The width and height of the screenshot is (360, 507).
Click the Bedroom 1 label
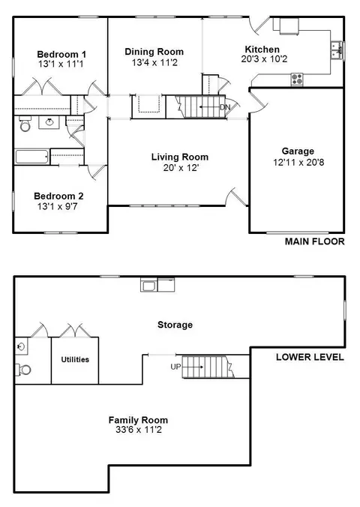[61, 54]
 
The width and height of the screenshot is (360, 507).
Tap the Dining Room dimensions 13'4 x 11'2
[154, 62]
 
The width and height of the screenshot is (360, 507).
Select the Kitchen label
[262, 49]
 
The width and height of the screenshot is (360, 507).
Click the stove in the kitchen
[297, 79]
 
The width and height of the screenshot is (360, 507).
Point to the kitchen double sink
[337, 50]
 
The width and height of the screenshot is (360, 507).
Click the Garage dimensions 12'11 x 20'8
[298, 162]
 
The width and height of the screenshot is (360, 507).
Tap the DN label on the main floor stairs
[225, 107]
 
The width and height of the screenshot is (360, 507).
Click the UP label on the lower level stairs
[176, 367]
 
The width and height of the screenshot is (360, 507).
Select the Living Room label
[180, 157]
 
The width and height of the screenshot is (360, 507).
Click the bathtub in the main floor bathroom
[31, 157]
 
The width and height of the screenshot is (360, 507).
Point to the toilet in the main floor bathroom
[25, 124]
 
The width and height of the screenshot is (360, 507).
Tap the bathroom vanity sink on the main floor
[49, 122]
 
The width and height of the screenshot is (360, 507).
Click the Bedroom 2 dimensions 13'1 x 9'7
[57, 206]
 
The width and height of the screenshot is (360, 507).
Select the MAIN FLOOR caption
[314, 241]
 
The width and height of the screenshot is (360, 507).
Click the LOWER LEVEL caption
[310, 357]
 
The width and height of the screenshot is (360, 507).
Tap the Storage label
[175, 324]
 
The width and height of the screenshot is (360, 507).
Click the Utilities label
[75, 359]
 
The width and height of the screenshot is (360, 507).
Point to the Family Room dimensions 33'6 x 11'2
[139, 430]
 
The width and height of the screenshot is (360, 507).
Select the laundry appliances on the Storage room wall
[157, 284]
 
